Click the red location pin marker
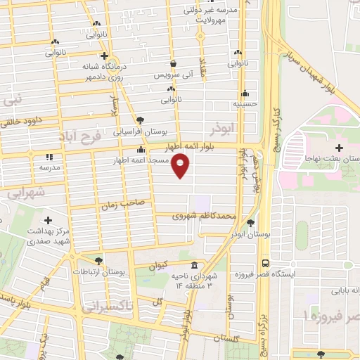pos(181,165)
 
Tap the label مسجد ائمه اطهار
pos(143,160)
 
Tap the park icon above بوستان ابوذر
pos(251,224)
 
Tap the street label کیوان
pos(159,265)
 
